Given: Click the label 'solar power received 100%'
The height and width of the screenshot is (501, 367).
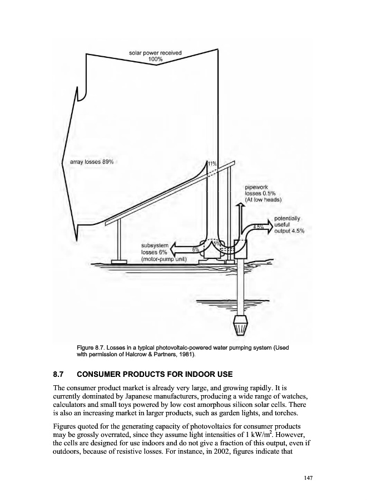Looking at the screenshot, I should tap(155, 56).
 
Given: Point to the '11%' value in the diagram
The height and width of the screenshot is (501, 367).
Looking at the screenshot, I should tap(211, 164).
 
